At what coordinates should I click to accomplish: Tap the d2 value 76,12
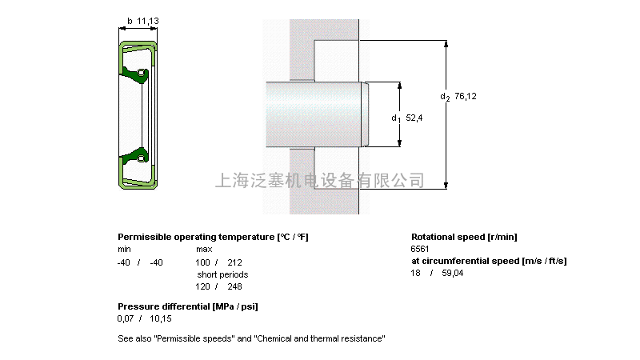466,97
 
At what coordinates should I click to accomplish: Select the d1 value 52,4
414,118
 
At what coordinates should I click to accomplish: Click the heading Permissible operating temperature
213,237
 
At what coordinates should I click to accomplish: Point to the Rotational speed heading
464,237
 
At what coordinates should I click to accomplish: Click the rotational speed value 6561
420,249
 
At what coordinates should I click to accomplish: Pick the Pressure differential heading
187,306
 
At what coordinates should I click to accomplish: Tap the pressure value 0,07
126,318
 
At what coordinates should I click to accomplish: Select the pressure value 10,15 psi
161,318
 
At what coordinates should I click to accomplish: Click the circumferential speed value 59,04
452,273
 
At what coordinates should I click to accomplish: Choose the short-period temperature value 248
234,286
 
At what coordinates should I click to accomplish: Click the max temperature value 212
234,262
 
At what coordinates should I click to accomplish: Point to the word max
203,250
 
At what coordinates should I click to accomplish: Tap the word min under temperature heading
124,250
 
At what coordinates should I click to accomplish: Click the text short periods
222,274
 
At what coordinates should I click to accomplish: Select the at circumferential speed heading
489,261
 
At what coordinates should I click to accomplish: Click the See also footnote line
251,339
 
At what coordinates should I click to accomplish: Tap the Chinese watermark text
320,180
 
